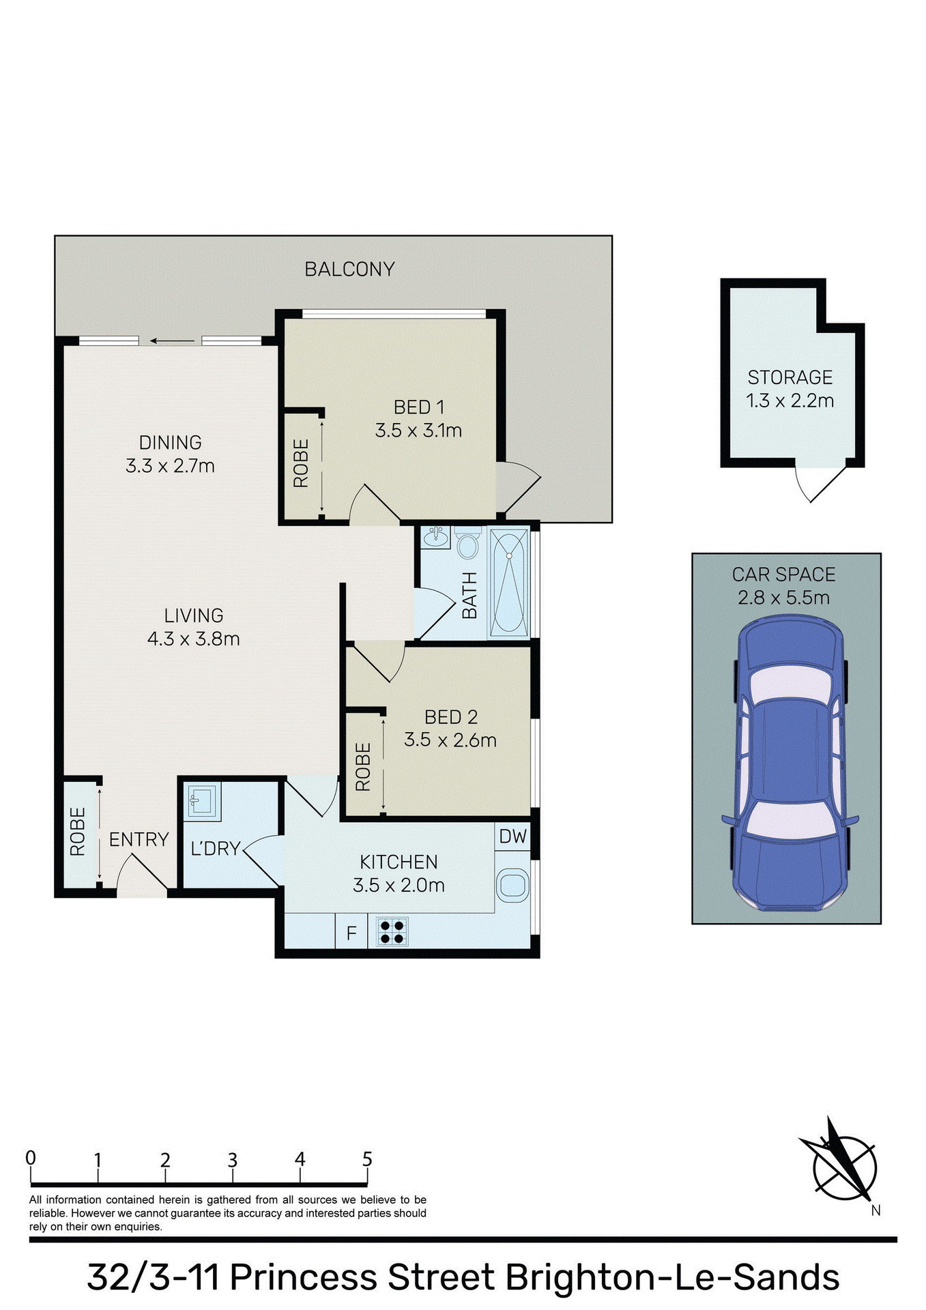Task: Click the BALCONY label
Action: point(349,270)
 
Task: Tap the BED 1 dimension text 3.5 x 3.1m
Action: point(418,431)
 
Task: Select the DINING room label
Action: point(171,443)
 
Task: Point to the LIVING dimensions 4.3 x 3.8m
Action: point(193,639)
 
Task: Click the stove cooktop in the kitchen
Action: point(392,932)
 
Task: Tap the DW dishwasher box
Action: point(512,836)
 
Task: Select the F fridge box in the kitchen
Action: point(351,933)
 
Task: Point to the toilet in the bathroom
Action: point(467,546)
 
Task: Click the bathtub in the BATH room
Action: point(509,583)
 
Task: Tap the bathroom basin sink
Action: point(434,538)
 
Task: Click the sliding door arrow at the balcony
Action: point(171,341)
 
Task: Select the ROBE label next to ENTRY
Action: point(78,832)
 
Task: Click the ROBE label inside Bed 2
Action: point(363,767)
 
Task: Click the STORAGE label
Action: point(790,377)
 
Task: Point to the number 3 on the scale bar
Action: point(233,1161)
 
